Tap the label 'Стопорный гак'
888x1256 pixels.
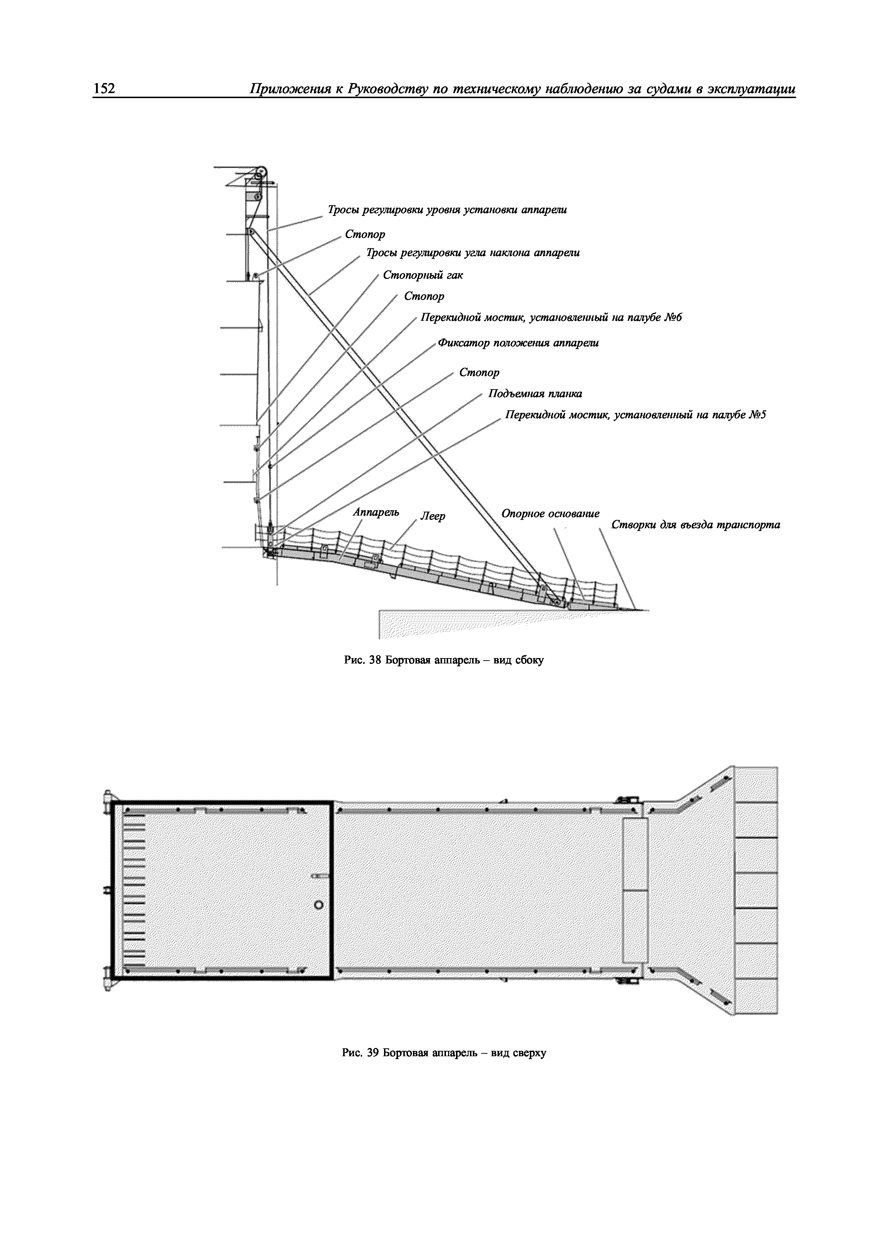422,275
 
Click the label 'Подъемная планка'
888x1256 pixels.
535,394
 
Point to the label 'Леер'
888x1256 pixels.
432,516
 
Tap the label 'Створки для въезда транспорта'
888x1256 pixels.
695,525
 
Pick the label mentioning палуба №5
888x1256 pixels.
635,415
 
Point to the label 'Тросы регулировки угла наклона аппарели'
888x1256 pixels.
473,253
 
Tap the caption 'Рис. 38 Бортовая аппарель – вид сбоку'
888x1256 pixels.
444,660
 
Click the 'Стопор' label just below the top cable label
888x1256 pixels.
365,234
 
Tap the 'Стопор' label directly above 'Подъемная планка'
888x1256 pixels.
479,372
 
